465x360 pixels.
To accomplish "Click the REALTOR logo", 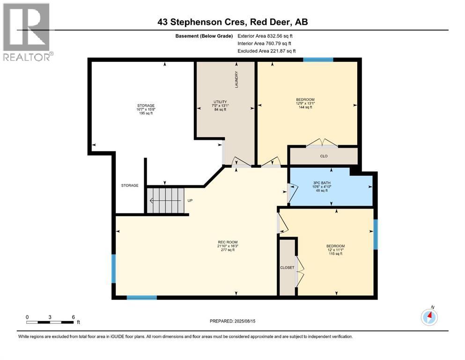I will click(x=27, y=32).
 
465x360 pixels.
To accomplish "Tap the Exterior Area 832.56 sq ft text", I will click(x=265, y=36).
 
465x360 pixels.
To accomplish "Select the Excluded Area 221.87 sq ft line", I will click(x=266, y=51).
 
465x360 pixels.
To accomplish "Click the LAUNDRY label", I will click(x=237, y=80).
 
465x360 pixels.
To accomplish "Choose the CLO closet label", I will click(x=324, y=156).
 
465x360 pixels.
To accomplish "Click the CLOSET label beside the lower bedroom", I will click(x=287, y=268).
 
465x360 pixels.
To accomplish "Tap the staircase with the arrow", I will click(x=165, y=200).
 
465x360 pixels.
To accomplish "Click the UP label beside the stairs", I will click(x=190, y=200).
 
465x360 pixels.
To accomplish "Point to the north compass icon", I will click(x=429, y=317).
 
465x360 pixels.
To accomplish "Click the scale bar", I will click(x=50, y=322).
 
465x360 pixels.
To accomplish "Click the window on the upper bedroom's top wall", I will click(x=318, y=60).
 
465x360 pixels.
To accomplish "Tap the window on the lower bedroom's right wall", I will click(x=375, y=234).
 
